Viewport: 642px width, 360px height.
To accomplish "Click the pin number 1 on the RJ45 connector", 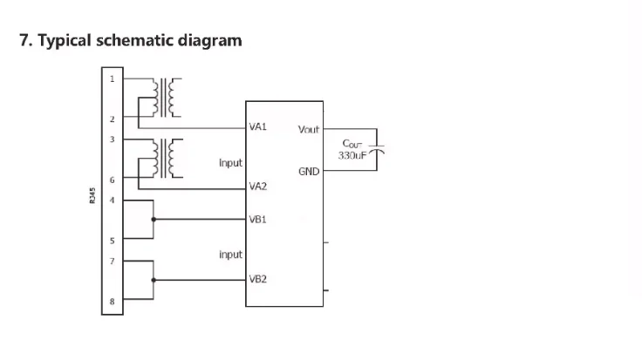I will (112, 78).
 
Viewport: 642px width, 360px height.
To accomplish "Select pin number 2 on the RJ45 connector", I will (112, 119).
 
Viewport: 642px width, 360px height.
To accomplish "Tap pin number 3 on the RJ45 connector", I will (112, 139).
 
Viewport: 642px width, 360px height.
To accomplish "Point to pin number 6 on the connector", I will (112, 180).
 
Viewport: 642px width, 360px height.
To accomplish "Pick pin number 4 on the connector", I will (112, 200).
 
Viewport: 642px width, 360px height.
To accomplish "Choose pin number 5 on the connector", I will (112, 240).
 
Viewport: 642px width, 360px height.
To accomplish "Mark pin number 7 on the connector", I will (112, 260).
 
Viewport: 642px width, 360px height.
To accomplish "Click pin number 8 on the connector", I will (112, 301).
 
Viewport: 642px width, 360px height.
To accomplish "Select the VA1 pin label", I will (257, 127).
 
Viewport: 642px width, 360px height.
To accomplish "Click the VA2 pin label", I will (257, 187).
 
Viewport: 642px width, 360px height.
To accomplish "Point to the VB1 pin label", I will (257, 220).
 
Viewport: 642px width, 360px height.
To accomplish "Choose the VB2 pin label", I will (257, 280).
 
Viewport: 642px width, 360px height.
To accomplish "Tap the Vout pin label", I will (309, 129).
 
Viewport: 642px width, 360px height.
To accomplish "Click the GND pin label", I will (309, 172).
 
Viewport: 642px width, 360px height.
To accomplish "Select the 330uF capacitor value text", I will (354, 156).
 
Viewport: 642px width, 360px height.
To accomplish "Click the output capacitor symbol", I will (377, 151).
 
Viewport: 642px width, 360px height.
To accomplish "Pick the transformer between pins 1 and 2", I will (167, 98).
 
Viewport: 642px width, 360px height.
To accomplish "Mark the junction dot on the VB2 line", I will (154, 280).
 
